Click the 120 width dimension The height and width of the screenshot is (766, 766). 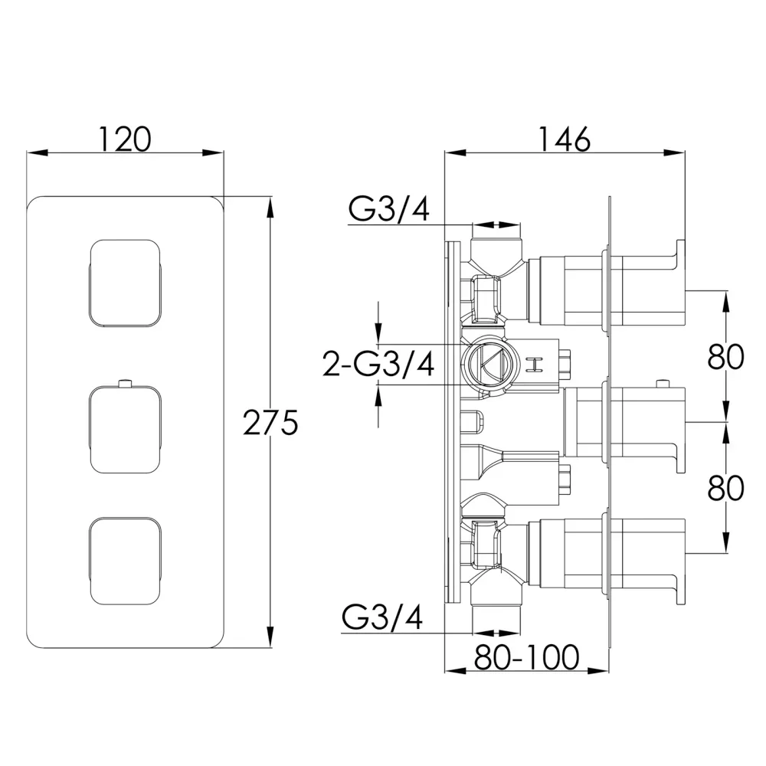[125, 139]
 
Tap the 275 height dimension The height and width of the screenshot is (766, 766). [270, 422]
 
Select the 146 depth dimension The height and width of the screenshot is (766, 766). [565, 139]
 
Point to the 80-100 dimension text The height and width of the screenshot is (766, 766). [527, 657]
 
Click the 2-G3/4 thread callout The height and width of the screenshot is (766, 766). [378, 364]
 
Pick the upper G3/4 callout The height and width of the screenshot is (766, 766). [389, 209]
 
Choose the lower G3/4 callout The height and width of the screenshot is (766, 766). [382, 617]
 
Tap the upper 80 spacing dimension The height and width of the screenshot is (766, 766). [726, 357]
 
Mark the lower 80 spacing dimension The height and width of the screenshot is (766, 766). [726, 487]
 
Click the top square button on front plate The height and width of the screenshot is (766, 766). [125, 283]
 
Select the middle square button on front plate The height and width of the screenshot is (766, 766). [125, 430]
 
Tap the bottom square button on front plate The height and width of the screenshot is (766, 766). [125, 561]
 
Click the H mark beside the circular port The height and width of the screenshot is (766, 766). [536, 365]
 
